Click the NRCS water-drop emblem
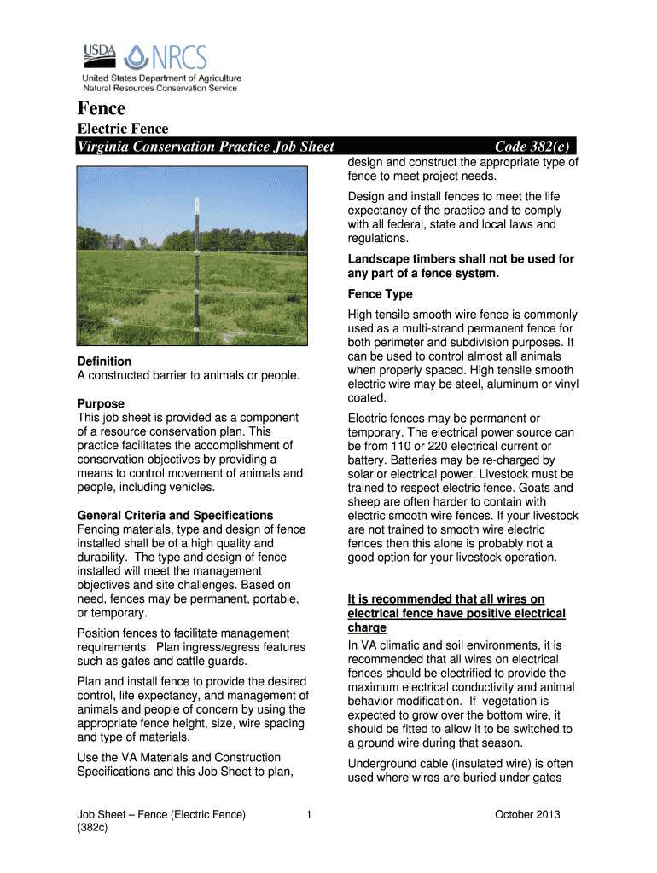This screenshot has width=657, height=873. [137, 57]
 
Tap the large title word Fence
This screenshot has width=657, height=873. [102, 108]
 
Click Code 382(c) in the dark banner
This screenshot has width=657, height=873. [531, 147]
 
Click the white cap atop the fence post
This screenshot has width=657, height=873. [195, 205]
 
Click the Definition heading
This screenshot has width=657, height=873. [104, 361]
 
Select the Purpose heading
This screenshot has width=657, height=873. [101, 403]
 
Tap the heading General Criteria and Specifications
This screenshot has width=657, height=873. [175, 516]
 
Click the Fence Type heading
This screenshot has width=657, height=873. [380, 294]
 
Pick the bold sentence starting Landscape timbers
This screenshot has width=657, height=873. [461, 266]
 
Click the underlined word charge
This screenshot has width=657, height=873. [367, 627]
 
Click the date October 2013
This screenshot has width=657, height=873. [527, 815]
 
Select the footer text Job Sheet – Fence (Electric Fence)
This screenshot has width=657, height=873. [161, 815]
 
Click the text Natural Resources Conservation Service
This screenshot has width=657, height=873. [160, 88]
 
